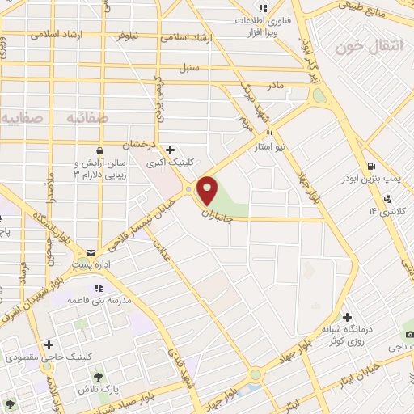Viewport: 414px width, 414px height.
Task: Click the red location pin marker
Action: (x=208, y=191)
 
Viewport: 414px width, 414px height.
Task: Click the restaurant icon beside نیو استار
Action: (x=271, y=135)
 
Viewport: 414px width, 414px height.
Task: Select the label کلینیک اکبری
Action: (x=166, y=163)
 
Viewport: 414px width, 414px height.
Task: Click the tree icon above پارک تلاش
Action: (x=98, y=377)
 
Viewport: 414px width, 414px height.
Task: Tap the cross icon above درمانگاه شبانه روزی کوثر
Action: (x=348, y=316)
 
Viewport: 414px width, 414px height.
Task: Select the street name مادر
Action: (x=277, y=84)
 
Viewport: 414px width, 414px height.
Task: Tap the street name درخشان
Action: (x=137, y=145)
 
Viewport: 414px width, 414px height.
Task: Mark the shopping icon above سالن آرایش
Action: (x=99, y=150)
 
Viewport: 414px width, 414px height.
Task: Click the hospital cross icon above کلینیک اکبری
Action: (x=170, y=150)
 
